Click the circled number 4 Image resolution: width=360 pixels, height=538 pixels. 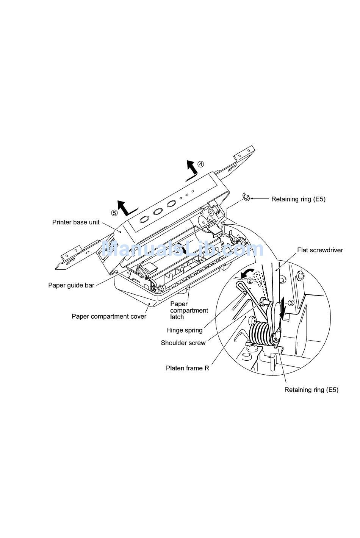pyautogui.click(x=200, y=164)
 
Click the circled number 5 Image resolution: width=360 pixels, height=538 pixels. pyautogui.click(x=114, y=213)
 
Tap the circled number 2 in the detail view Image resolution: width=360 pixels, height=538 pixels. pyautogui.click(x=250, y=281)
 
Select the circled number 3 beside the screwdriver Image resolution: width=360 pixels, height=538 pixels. pyautogui.click(x=291, y=303)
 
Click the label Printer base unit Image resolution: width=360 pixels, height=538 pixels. pyautogui.click(x=76, y=222)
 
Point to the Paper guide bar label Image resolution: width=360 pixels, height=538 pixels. pyautogui.click(x=71, y=285)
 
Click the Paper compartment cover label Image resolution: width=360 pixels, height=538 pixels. pyautogui.click(x=109, y=316)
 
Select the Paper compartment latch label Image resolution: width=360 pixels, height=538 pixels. pyautogui.click(x=189, y=310)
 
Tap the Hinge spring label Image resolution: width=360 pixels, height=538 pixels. pyautogui.click(x=184, y=330)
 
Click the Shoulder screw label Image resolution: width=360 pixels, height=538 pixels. pyautogui.click(x=183, y=343)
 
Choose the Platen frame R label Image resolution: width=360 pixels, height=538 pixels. pyautogui.click(x=187, y=368)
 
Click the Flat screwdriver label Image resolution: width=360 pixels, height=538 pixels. pyautogui.click(x=320, y=250)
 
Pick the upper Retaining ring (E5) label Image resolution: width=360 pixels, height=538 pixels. pyautogui.click(x=298, y=199)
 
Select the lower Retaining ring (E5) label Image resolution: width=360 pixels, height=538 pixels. pyautogui.click(x=311, y=390)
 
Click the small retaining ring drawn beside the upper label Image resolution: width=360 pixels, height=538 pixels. pyautogui.click(x=246, y=197)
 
